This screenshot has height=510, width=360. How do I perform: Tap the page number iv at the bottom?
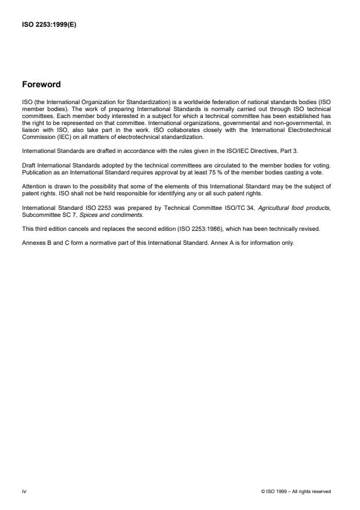23,491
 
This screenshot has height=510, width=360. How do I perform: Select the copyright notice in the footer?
296,491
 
